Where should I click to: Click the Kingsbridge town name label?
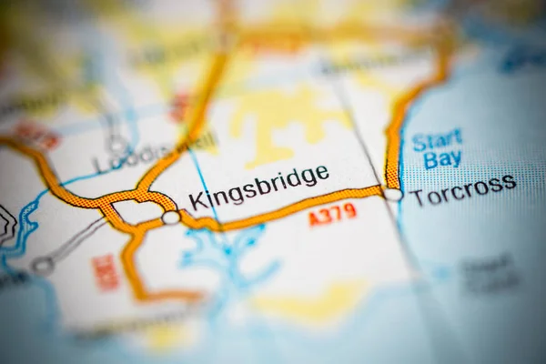coord(258,186)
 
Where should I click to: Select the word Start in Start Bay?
coord(437,141)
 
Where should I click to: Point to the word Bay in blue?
coord(442,159)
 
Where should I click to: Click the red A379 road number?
coord(332,215)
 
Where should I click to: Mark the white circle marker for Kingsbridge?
coord(171,217)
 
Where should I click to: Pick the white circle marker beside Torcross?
coord(392,194)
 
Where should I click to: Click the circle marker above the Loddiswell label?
coord(117,144)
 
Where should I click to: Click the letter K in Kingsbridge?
coord(195,201)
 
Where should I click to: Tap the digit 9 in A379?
coord(350,211)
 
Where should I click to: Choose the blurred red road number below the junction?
coord(106,273)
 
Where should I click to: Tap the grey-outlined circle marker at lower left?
coord(43,266)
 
